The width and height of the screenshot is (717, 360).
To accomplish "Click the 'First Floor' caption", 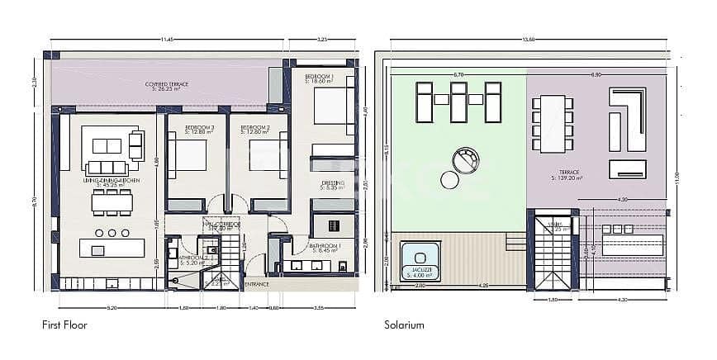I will coord(64,325).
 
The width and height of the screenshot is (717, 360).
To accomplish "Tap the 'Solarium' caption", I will coord(404,325).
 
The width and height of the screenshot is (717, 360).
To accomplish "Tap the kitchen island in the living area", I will coord(110,249).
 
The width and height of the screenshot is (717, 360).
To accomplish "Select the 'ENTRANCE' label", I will coord(258,284).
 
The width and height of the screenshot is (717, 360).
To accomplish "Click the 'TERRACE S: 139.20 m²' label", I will coord(566,176).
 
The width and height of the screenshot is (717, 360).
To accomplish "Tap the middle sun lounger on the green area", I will coord(458,101).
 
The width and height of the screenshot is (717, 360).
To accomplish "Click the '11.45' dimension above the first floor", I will coord(167,39).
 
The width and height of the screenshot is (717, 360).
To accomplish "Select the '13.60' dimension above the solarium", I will coord(528,39).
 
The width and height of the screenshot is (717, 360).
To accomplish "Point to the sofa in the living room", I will coord(107,145).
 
